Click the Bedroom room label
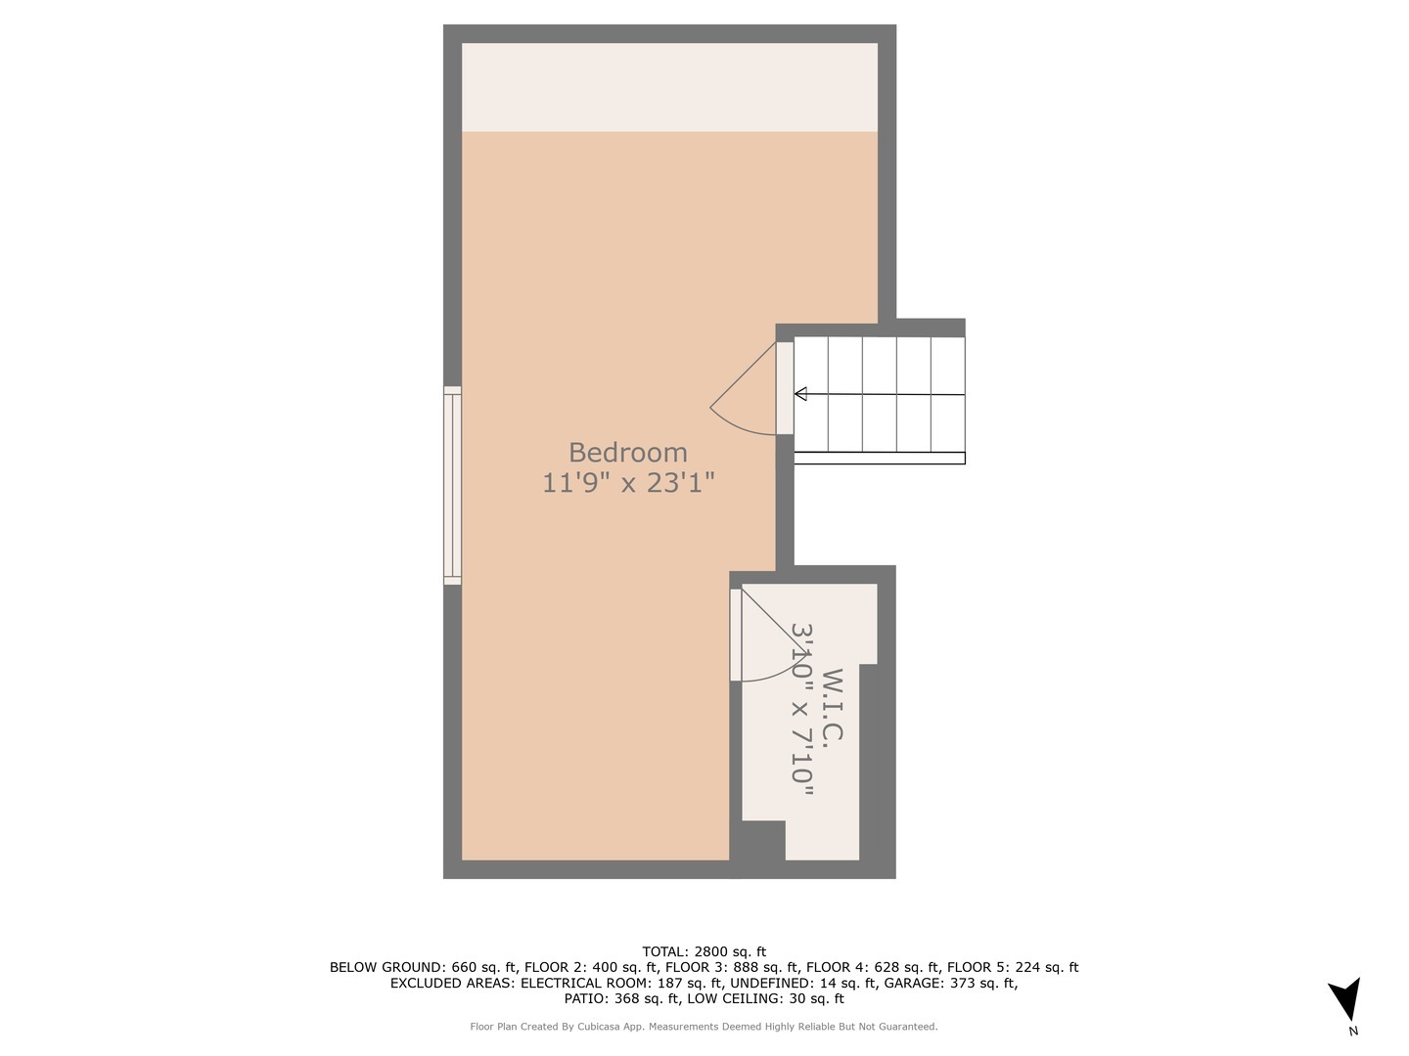(x=627, y=453)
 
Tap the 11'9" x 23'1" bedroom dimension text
(x=628, y=482)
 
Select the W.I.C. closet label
(x=833, y=706)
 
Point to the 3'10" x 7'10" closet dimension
(x=802, y=710)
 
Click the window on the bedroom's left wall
(x=452, y=486)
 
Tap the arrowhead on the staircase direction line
(x=800, y=394)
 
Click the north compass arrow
(x=1346, y=998)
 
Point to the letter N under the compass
(x=1353, y=1031)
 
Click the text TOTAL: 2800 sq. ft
(x=704, y=951)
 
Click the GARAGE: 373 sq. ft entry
(x=950, y=984)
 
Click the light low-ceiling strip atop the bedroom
(x=669, y=87)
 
